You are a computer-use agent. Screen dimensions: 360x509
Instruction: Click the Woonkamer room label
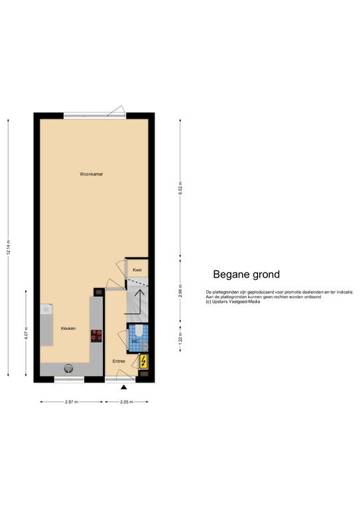pyautogui.click(x=91, y=174)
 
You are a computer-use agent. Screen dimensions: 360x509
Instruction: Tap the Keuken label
pyautogui.click(x=68, y=329)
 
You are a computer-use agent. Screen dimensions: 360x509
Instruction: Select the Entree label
pyautogui.click(x=119, y=361)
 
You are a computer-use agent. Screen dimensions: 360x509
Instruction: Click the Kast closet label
pyautogui.click(x=137, y=270)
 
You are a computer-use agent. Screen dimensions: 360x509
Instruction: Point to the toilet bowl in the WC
pyautogui.click(x=139, y=331)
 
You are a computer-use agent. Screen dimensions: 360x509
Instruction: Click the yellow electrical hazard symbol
pyautogui.click(x=143, y=362)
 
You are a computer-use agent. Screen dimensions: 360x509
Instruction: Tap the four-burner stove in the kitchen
pyautogui.click(x=96, y=336)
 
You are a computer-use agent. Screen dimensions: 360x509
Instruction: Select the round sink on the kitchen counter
pyautogui.click(x=68, y=368)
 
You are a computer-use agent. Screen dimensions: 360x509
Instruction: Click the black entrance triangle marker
pyautogui.click(x=123, y=387)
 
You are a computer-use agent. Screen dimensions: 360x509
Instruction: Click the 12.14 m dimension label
pyautogui.click(x=9, y=247)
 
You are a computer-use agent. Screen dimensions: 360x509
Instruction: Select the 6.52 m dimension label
pyautogui.click(x=180, y=188)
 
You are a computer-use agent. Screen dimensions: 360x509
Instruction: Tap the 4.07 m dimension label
pyautogui.click(x=27, y=333)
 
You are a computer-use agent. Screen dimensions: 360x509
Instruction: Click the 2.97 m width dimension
pyautogui.click(x=72, y=402)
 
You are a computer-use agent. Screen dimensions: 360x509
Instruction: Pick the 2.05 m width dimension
pyautogui.click(x=127, y=402)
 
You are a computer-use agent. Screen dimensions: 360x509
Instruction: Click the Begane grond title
pyautogui.click(x=247, y=274)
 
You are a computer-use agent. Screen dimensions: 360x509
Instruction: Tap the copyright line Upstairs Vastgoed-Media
pyautogui.click(x=233, y=302)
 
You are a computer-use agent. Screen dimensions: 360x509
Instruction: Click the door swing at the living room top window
pyautogui.click(x=116, y=111)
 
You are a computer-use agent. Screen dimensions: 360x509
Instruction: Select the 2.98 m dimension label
pyautogui.click(x=180, y=291)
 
